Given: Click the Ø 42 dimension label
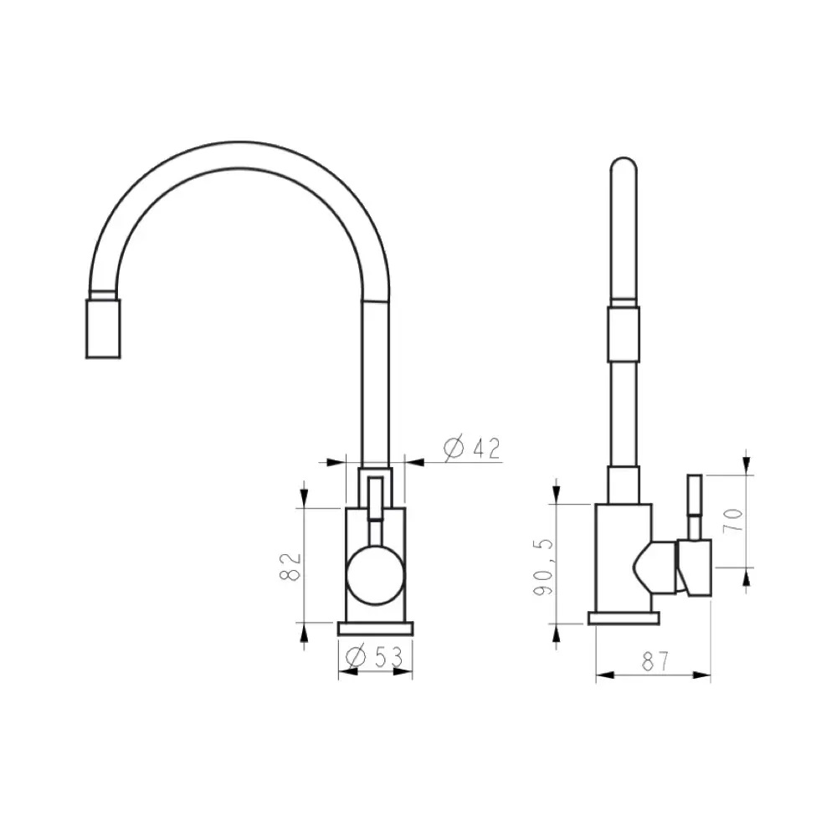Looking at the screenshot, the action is [472, 449].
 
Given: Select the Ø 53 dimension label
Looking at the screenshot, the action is [374, 657].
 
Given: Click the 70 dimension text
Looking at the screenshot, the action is [733, 521].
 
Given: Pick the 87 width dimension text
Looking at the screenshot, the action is [655, 662].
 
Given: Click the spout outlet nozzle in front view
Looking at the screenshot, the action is [103, 328].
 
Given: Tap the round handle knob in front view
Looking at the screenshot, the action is [375, 576].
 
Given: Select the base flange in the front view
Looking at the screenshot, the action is [375, 629].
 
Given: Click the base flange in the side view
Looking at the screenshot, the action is [624, 619].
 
